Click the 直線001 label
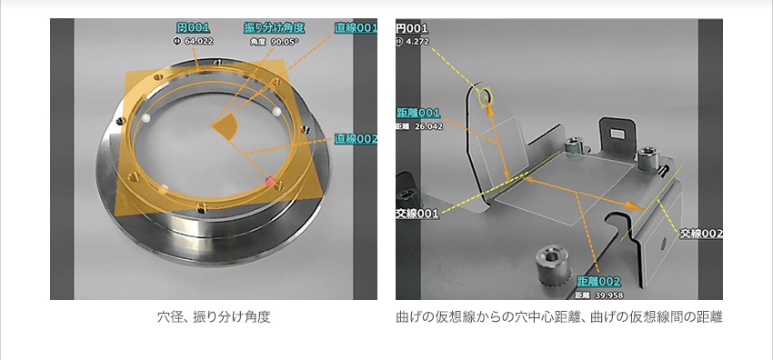356,28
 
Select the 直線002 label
356,139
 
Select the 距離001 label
418,113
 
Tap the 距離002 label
598,282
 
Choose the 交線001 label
417,214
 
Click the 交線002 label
701,234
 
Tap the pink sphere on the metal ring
270,181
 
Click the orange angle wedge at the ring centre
226,127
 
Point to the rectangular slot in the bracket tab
617,134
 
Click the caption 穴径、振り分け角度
214,317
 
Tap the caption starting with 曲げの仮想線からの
559,317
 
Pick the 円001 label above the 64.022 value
193,27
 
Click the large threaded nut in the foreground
551,264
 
